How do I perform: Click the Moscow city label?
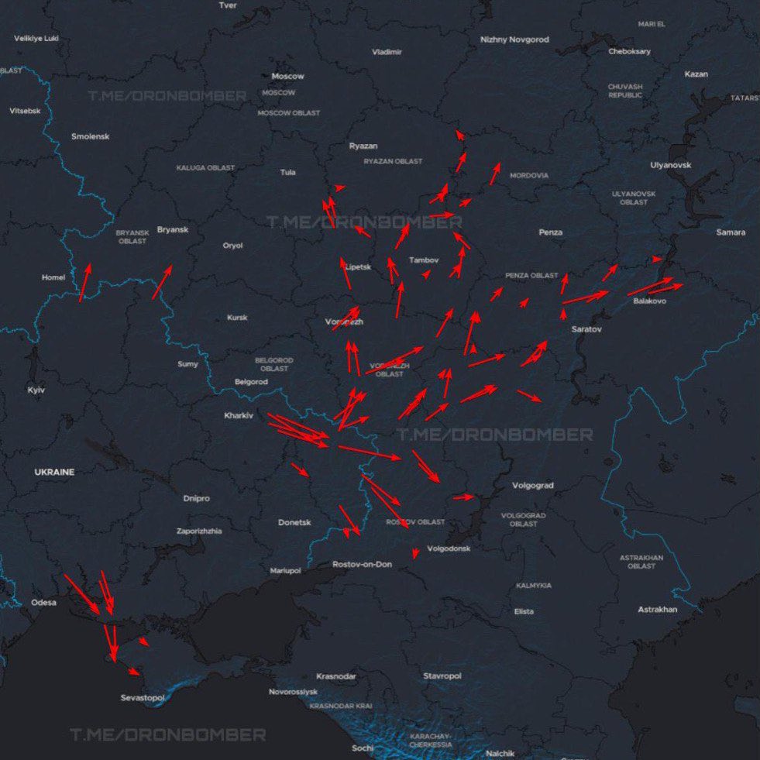287,76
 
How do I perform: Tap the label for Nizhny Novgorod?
514,40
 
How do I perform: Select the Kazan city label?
696,74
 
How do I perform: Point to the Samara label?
731,232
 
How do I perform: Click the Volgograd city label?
533,486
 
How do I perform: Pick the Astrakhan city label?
657,610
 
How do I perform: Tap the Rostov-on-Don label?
362,565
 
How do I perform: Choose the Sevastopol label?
143,698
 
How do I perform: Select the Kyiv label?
36,390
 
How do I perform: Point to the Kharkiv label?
239,416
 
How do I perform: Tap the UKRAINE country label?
54,472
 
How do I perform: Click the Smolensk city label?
91,136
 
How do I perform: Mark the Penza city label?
551,232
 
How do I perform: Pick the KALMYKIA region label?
534,586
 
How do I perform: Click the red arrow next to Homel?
84,282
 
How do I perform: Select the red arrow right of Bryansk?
162,281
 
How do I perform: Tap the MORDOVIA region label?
528,176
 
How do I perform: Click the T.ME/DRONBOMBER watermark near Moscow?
167,96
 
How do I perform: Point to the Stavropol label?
442,676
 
